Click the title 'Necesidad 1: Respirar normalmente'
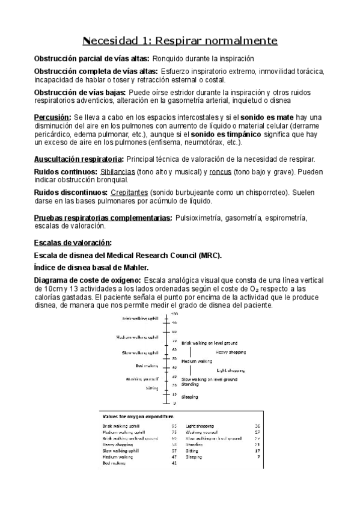tap(180, 41)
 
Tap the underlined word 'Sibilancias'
tap(117, 172)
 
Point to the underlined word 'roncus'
tap(221, 172)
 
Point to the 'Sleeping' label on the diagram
tap(190, 398)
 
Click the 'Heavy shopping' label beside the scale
tap(231, 352)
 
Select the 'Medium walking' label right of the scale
tap(197, 361)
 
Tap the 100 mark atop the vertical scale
tap(175, 314)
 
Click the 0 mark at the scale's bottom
tap(175, 402)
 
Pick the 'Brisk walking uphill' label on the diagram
tap(139, 318)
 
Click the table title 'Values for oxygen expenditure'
tap(138, 416)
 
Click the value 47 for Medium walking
tap(174, 457)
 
